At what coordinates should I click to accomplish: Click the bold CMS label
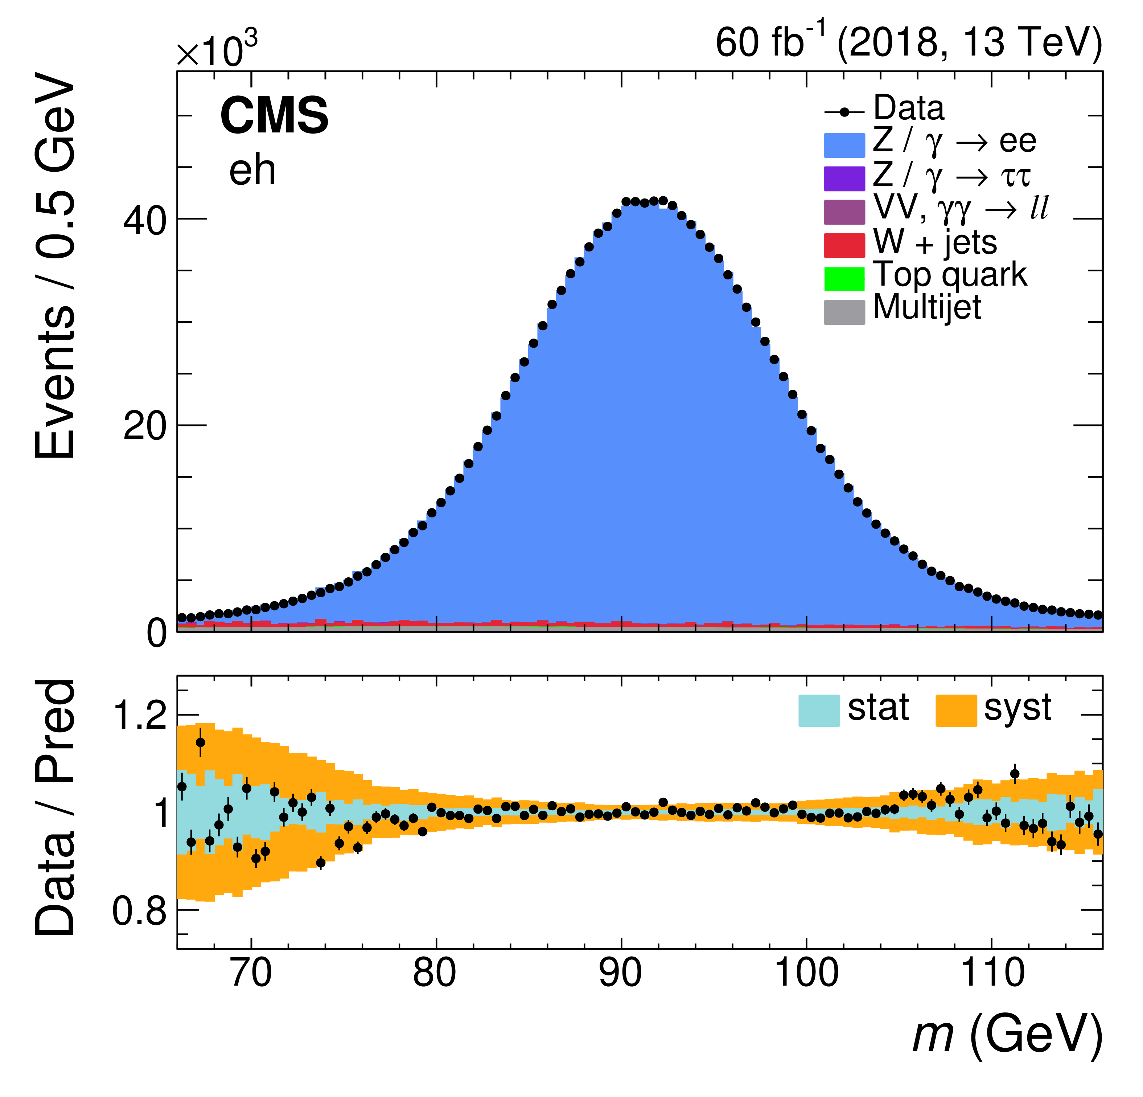[274, 115]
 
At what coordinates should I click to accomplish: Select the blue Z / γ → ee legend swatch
[844, 145]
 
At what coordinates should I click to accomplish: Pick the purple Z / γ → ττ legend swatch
[844, 179]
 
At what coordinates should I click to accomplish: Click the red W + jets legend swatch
[844, 245]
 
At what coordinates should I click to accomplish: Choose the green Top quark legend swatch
[844, 278]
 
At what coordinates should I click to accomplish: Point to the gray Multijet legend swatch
[844, 312]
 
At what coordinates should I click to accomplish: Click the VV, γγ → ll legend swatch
[844, 212]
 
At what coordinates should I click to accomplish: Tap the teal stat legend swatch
[819, 710]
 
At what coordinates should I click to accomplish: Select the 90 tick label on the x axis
[621, 973]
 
